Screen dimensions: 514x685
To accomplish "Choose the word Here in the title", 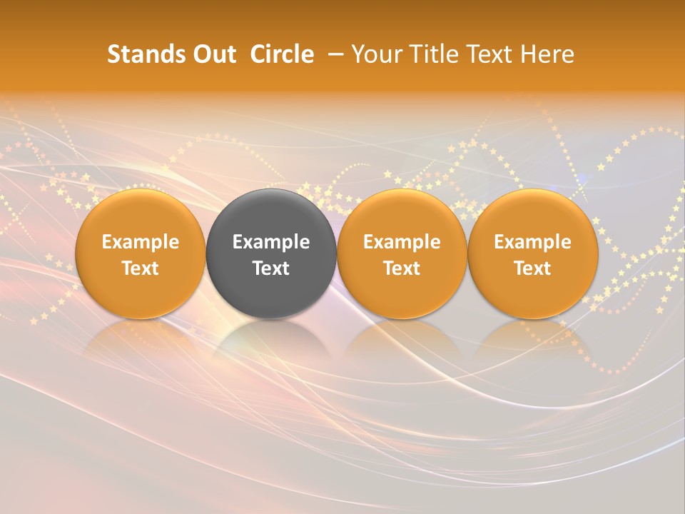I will (548, 54).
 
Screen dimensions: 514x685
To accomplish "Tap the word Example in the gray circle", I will (271, 242).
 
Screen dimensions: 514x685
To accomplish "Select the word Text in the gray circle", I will (271, 268).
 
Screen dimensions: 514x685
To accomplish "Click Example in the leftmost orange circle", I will (141, 242).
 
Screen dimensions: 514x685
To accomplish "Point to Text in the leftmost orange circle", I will (141, 268).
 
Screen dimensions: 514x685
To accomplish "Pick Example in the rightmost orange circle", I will (532, 242).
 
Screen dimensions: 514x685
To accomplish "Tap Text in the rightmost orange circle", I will (532, 268).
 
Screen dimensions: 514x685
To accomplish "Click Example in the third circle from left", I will (402, 242).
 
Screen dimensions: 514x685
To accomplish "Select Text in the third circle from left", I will (402, 268).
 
